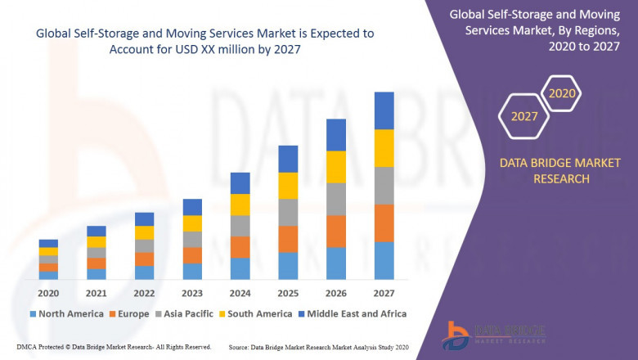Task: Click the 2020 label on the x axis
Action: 48,293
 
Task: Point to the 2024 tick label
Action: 240,293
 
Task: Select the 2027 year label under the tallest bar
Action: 384,293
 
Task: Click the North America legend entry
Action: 66,313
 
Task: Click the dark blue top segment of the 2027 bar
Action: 384,110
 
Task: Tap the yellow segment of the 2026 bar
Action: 335,167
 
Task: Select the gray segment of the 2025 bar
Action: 288,212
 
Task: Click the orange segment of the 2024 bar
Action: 240,247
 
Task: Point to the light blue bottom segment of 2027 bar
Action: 384,260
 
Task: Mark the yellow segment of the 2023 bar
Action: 192,223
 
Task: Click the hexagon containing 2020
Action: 562,93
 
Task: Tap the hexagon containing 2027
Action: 524,116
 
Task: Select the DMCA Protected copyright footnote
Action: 114,347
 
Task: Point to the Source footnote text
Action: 320,347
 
